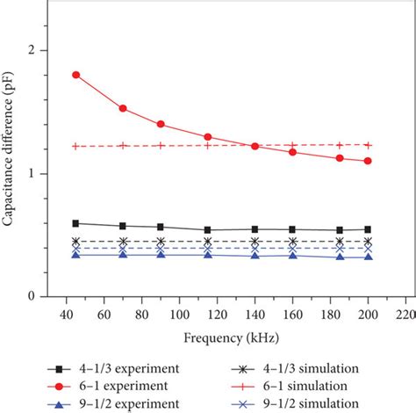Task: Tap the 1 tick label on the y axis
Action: click(x=31, y=174)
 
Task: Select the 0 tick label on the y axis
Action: click(x=31, y=297)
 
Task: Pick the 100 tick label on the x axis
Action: click(x=178, y=314)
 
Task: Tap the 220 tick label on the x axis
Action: click(x=405, y=314)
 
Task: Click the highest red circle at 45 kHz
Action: click(x=75, y=75)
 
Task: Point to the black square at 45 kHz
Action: click(x=75, y=223)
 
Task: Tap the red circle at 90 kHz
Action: click(x=160, y=124)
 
